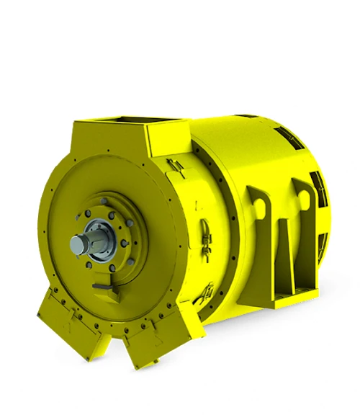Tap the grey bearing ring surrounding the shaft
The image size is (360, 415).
pos(91,244)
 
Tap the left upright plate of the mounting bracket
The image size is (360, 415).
pos(260,238)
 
